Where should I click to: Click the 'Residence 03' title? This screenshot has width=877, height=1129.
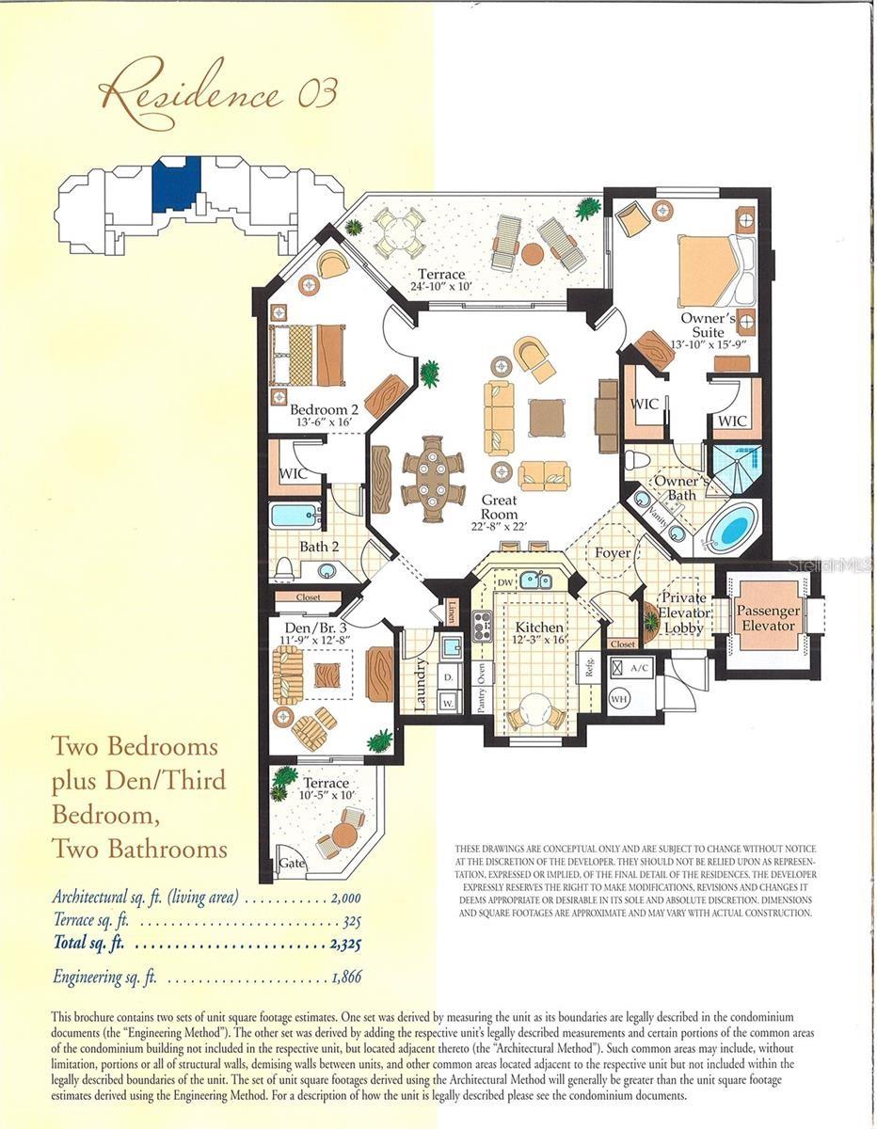click(217, 95)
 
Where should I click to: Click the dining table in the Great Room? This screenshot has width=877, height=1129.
click(433, 477)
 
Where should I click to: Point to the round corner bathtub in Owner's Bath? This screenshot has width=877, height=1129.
click(732, 527)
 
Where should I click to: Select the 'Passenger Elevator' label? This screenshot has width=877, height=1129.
click(768, 618)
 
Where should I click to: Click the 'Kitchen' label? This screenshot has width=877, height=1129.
click(539, 628)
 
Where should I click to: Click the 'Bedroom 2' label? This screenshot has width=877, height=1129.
click(324, 410)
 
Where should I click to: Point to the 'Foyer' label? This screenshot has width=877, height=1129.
click(613, 552)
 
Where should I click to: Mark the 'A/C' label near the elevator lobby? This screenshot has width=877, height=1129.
click(639, 667)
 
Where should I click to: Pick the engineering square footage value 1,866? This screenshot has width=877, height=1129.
click(345, 978)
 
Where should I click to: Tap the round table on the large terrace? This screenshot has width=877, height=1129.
click(533, 253)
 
